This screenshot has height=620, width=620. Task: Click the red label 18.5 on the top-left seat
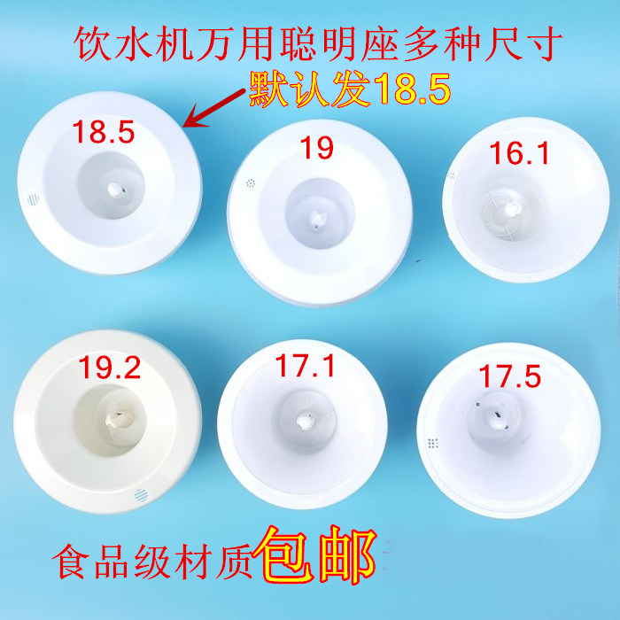104,135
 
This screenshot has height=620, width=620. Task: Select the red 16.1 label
520,155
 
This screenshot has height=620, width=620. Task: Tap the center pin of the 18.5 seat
114,189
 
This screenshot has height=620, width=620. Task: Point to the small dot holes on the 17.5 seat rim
432,442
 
